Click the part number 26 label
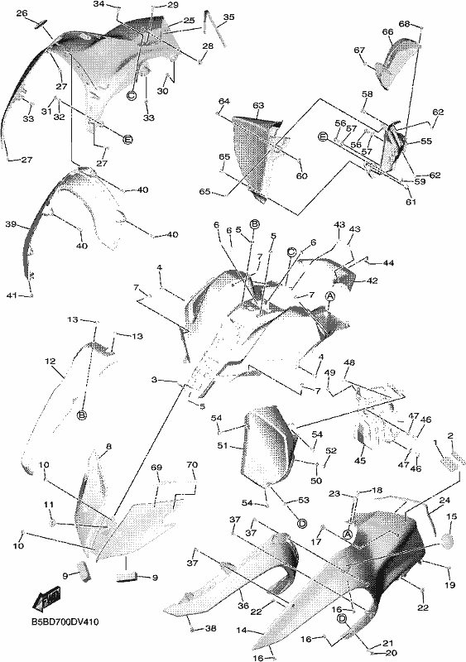click(22, 13)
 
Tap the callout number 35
click(228, 17)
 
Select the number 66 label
click(387, 32)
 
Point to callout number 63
click(258, 105)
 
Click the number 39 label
click(12, 224)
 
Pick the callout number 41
click(12, 295)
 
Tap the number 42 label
click(372, 281)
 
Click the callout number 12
click(50, 362)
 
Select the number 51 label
click(223, 445)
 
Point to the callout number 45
click(360, 461)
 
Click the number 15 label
click(452, 516)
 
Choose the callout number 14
click(241, 631)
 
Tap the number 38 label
click(210, 629)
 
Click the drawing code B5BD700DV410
click(65, 623)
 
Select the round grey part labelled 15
click(448, 540)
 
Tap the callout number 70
click(192, 465)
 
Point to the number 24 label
click(444, 501)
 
